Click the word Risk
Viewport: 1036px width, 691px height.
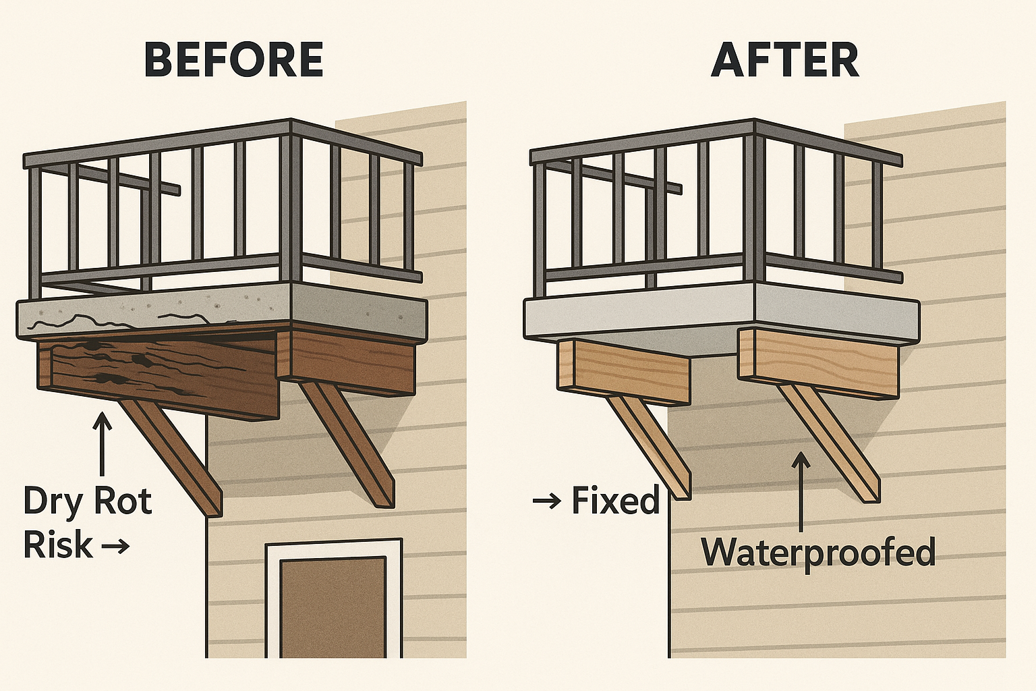click(x=57, y=545)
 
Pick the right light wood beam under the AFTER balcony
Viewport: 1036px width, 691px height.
click(x=819, y=364)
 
